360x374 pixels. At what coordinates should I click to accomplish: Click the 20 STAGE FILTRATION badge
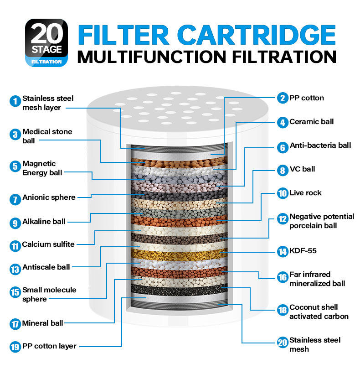(46, 43)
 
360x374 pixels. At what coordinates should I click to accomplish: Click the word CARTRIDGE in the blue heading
(257, 35)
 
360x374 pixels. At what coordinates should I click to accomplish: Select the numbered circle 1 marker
(15, 101)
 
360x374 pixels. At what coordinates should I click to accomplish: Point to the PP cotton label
(307, 98)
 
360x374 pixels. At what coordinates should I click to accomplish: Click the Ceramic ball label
(311, 122)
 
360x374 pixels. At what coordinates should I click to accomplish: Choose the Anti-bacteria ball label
(320, 145)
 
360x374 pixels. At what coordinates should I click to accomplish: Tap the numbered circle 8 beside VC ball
(283, 171)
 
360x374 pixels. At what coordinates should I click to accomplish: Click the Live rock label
(305, 193)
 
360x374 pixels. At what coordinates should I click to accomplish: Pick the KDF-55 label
(303, 251)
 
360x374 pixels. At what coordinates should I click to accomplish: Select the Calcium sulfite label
(48, 244)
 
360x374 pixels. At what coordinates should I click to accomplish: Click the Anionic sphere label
(49, 197)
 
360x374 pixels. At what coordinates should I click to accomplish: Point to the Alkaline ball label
(44, 221)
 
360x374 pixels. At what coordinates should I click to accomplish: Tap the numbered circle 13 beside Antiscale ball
(15, 269)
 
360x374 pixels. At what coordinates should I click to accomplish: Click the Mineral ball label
(43, 323)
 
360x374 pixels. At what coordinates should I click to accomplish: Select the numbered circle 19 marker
(15, 347)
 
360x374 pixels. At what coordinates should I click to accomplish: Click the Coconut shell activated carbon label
(319, 312)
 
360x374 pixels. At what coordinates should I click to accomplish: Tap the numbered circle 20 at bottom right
(283, 343)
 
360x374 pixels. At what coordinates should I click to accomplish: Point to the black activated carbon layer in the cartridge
(179, 290)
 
